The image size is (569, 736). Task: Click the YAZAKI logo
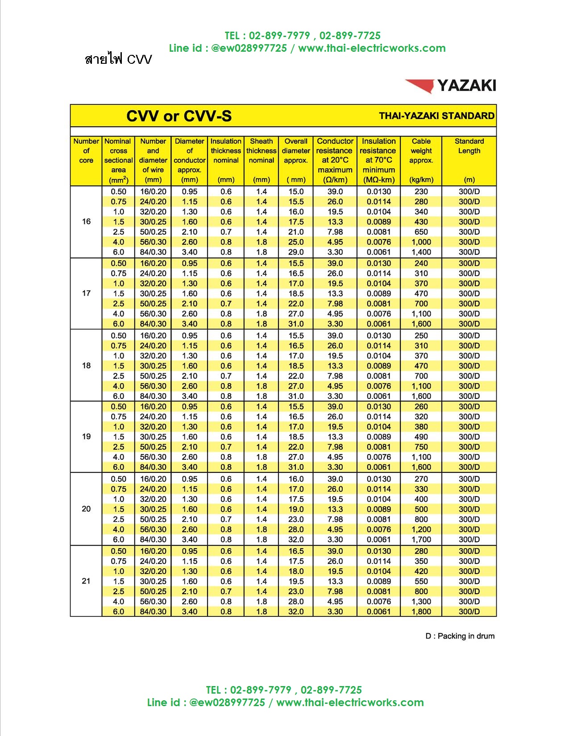[451, 85]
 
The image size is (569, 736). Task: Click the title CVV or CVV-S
[179, 116]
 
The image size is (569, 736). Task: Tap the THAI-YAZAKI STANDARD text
[436, 116]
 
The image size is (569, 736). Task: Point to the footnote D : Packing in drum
[460, 636]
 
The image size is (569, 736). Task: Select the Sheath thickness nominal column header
[261, 160]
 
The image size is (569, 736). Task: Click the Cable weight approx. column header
[421, 160]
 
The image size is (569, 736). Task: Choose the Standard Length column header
[469, 160]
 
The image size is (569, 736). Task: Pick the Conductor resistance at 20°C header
[335, 160]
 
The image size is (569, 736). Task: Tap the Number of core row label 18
[86, 365]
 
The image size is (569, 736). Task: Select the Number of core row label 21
[86, 581]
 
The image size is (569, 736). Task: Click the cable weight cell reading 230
[421, 191]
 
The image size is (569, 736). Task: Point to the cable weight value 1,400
[421, 252]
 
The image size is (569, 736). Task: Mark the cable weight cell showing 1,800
[421, 612]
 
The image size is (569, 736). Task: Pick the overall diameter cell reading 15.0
[296, 191]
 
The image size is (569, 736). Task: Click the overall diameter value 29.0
[296, 252]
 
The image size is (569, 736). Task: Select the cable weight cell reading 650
[421, 232]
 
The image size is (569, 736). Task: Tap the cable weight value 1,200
[421, 529]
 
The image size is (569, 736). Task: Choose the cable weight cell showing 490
[421, 437]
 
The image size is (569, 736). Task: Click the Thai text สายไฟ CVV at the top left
[118, 59]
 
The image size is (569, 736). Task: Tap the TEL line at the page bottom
[284, 690]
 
